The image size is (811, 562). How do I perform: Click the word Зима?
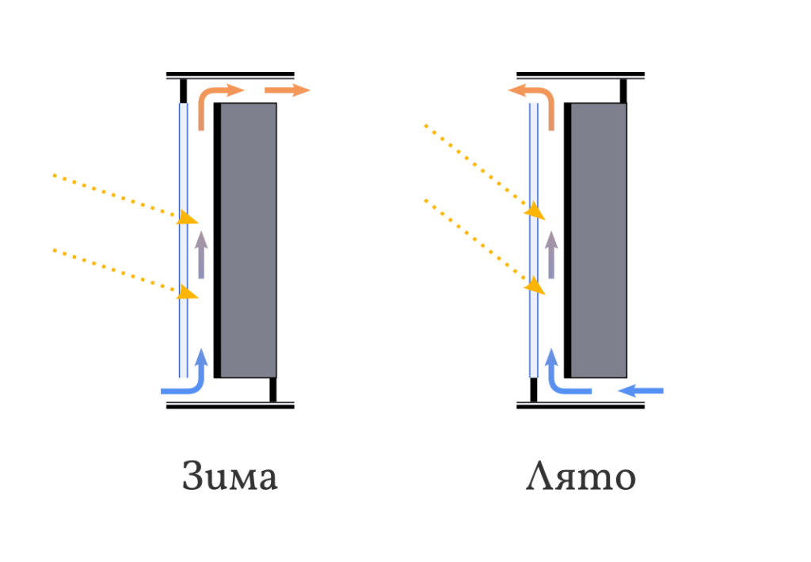[230, 476]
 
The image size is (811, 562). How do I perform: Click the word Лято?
[581, 476]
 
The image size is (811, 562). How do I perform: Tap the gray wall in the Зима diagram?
[248, 241]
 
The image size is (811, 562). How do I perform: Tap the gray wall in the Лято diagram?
[599, 241]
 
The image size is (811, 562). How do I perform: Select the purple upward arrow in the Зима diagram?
[201, 255]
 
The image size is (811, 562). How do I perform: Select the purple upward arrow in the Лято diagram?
[551, 255]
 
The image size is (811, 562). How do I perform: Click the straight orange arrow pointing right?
[287, 90]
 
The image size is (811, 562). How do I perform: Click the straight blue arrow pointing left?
[640, 391]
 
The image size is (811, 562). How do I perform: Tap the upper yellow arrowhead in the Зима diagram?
[187, 217]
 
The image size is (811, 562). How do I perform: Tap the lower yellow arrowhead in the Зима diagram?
[187, 292]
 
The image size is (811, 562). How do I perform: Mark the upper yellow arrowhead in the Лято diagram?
[535, 211]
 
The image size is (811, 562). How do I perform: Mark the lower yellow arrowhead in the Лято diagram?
[535, 286]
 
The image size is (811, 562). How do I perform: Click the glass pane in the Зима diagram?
[184, 241]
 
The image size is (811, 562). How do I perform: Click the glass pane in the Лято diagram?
[534, 241]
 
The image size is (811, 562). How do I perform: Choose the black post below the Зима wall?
[273, 389]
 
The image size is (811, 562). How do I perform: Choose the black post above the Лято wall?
[623, 91]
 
